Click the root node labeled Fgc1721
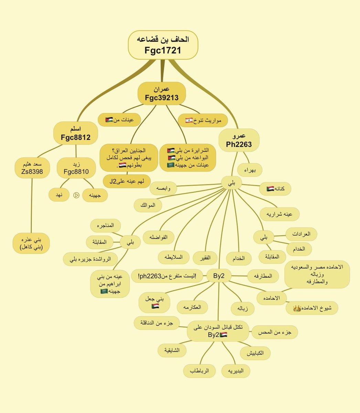click(163, 45)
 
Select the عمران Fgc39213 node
click(161, 93)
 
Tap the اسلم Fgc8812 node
click(75, 133)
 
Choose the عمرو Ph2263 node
click(239, 140)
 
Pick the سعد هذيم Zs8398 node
click(32, 168)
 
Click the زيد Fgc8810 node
click(76, 168)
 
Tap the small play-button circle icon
click(76, 195)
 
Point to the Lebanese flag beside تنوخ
click(189, 120)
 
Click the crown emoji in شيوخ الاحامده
click(297, 308)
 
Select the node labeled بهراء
click(250, 170)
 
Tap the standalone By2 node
click(219, 276)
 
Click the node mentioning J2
click(127, 181)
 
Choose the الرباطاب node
click(199, 371)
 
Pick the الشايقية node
click(172, 350)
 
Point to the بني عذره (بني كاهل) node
click(31, 243)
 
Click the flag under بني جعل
click(155, 306)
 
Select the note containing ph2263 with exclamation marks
click(167, 276)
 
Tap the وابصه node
click(163, 188)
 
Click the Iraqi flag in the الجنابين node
click(123, 165)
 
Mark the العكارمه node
click(192, 307)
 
